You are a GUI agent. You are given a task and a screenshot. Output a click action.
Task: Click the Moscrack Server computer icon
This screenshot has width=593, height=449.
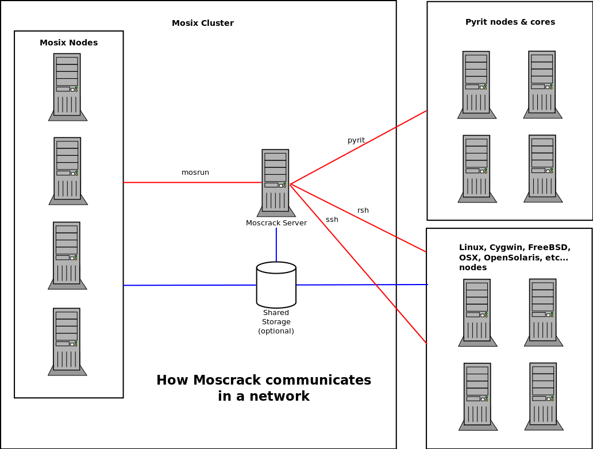276,182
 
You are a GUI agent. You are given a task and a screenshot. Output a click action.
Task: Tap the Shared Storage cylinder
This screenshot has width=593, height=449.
276,285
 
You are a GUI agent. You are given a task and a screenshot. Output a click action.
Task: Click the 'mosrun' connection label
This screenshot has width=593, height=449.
195,172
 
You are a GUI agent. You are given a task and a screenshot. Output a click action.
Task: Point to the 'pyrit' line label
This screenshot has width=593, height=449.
356,140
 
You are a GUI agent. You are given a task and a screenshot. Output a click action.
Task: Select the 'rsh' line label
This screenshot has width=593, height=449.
363,210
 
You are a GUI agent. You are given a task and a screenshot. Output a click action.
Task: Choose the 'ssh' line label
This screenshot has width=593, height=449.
332,220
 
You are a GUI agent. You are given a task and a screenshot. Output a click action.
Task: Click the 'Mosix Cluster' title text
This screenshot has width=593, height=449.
203,24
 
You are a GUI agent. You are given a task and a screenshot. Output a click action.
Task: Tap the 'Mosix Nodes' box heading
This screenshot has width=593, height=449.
68,43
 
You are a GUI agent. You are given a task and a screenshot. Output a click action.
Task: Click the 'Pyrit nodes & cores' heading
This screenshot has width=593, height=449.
510,22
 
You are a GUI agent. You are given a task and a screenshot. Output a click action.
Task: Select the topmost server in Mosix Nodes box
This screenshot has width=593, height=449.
67,86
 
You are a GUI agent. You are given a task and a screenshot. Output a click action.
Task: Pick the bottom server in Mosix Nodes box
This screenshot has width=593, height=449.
67,341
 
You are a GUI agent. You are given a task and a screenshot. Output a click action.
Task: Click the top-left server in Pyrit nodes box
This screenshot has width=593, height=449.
476,84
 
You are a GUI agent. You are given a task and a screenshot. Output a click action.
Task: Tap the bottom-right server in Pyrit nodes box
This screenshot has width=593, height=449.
542,168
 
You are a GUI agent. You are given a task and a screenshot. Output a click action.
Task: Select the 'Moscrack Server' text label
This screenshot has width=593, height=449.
276,223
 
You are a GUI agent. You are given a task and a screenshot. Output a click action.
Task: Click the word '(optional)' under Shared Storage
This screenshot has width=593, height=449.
276,331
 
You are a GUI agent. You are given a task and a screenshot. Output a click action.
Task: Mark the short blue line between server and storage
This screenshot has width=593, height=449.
276,244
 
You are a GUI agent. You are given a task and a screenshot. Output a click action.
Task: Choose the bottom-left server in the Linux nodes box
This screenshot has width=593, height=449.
478,396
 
